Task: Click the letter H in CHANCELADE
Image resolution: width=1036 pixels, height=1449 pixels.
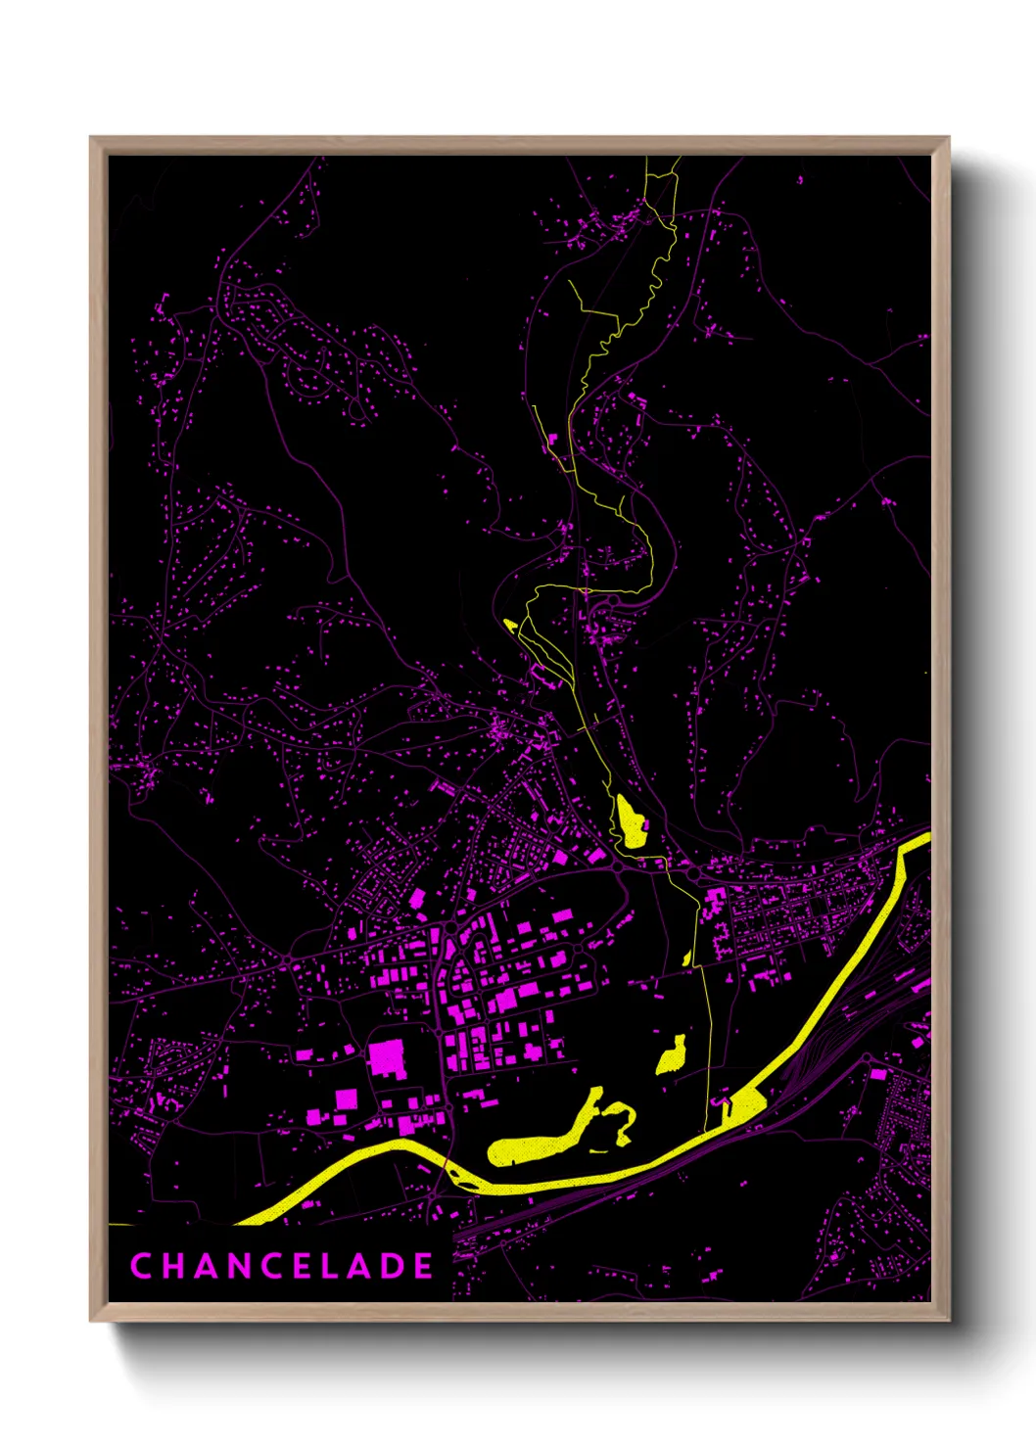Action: [x=173, y=1266]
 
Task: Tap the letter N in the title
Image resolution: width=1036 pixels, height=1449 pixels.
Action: [x=244, y=1266]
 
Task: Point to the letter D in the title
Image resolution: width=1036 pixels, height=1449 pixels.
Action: [x=394, y=1266]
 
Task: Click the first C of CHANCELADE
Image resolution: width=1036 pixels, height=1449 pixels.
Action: [x=140, y=1266]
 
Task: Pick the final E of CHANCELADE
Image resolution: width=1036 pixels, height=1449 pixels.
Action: [x=424, y=1266]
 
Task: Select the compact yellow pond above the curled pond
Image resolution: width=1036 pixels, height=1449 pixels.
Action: [x=672, y=1057]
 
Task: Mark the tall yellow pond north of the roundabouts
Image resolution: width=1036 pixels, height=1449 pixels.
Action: [x=629, y=822]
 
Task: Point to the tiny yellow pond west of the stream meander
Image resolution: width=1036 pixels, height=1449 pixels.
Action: [x=509, y=623]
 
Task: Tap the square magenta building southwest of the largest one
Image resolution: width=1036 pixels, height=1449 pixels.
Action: [x=347, y=1099]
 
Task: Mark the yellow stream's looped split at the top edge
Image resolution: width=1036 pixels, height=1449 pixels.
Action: [x=662, y=176]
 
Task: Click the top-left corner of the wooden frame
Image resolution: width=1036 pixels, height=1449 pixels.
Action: [x=92, y=139]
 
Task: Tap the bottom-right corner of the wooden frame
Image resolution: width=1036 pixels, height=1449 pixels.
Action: [x=948, y=1320]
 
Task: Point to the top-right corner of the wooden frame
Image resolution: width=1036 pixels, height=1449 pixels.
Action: [x=948, y=139]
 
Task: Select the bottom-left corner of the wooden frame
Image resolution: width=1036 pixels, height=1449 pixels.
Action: [x=92, y=1320]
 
